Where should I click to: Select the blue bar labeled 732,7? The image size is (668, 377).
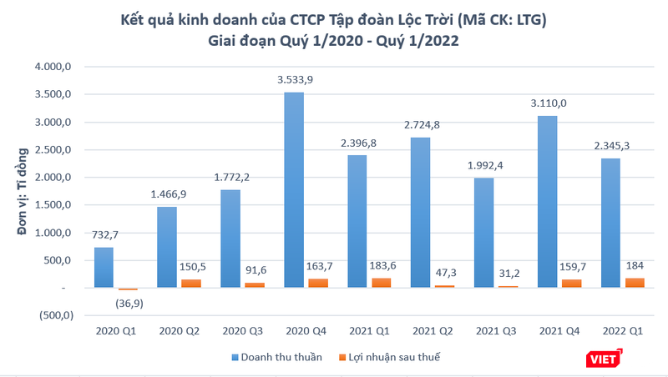(104, 268)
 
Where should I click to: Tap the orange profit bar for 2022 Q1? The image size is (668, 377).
(635, 283)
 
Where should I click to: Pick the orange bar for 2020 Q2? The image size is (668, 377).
(191, 284)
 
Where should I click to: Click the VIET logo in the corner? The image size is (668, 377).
(605, 359)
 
